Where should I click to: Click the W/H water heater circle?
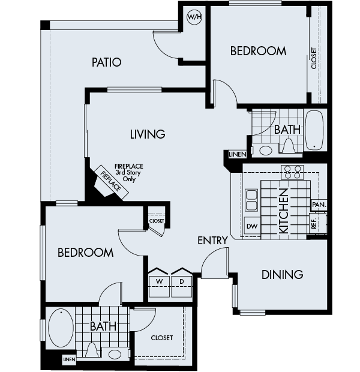(194, 17)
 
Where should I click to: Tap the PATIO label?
(107, 62)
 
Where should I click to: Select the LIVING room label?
(147, 134)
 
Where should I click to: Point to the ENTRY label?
(212, 241)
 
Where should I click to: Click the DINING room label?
(282, 275)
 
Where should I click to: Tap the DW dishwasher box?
(252, 226)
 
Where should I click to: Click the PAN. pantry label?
(319, 205)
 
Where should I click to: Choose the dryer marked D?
(181, 280)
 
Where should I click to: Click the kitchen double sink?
(251, 200)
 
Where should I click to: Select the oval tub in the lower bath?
(60, 328)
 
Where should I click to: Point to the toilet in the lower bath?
(92, 349)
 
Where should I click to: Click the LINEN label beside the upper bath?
(236, 154)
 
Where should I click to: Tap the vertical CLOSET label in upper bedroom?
(314, 58)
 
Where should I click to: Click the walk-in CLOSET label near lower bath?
(162, 338)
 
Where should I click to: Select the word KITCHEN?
(284, 211)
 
